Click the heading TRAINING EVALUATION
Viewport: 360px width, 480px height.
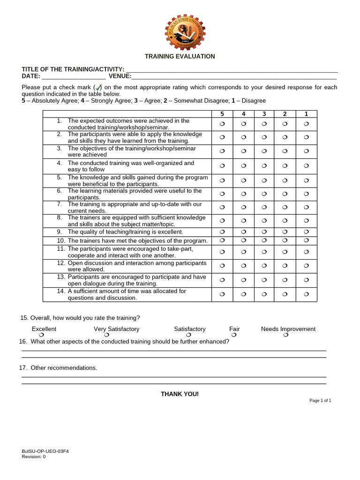pos(180,56)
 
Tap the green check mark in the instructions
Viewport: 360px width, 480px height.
pos(98,87)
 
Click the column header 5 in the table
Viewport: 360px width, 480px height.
pos(222,114)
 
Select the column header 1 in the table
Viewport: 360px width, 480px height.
pos(306,114)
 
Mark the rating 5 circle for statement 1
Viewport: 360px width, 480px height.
pos(222,124)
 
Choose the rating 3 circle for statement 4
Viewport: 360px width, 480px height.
pos(264,166)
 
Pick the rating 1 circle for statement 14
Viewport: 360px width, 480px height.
pos(306,294)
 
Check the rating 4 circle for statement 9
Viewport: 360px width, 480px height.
pos(243,232)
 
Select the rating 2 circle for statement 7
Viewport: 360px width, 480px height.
pos(285,207)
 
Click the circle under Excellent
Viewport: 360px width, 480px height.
pos(42,336)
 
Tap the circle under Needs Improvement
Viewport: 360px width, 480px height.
pos(286,336)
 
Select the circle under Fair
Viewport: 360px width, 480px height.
pos(234,336)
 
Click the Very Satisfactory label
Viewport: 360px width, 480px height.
pos(117,329)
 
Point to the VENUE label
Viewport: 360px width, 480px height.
pos(120,76)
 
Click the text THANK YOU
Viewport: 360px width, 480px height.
pos(180,394)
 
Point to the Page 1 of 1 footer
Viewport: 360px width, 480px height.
pos(320,401)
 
